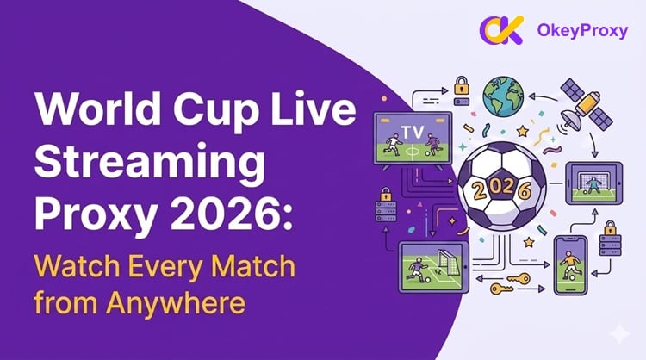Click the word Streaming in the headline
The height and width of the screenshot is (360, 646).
[x=150, y=163]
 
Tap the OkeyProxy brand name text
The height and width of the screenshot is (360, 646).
[x=582, y=31]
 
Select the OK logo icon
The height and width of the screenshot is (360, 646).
[x=501, y=30]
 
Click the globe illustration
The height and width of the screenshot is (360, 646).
[x=503, y=96]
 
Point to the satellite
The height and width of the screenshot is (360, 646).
[x=586, y=105]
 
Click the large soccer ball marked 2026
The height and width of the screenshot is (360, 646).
[x=501, y=186]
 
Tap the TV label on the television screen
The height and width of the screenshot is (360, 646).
[x=413, y=133]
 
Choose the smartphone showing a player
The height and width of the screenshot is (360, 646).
[x=570, y=265]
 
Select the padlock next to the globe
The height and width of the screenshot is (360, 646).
[x=462, y=85]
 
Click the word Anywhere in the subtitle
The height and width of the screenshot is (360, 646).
[x=176, y=303]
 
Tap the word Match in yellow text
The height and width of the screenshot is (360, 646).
[x=253, y=266]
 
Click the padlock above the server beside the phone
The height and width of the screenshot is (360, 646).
[x=610, y=227]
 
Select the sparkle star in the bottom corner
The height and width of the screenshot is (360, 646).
[x=620, y=333]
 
